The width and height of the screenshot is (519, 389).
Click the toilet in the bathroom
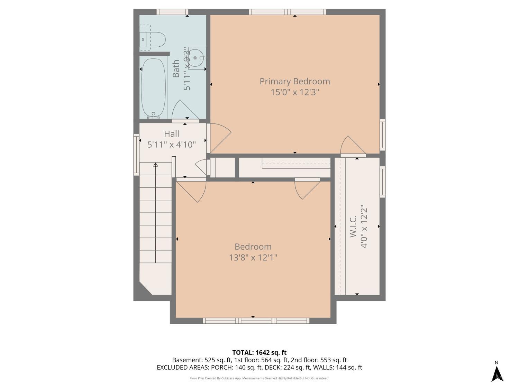(x=152, y=39)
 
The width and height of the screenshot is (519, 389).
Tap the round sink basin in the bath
(x=195, y=58)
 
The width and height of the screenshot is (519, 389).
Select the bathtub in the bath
(x=153, y=88)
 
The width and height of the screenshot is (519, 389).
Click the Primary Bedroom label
(x=294, y=81)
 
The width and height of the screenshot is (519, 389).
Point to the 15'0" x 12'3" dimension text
(x=294, y=92)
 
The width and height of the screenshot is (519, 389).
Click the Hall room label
(x=171, y=134)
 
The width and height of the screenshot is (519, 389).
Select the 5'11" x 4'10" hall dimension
(x=171, y=145)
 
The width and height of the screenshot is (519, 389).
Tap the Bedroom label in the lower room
(x=253, y=247)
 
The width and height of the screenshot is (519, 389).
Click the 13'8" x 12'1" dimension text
(x=253, y=258)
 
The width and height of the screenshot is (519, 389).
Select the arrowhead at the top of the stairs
(x=155, y=165)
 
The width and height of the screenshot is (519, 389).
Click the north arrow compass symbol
(x=497, y=373)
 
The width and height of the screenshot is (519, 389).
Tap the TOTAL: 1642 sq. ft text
(x=259, y=352)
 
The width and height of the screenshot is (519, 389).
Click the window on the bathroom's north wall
(x=172, y=12)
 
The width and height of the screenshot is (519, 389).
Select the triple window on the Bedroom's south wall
(x=256, y=321)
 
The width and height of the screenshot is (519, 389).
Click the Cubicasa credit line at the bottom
(x=259, y=378)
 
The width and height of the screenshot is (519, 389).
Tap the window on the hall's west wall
(x=136, y=155)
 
